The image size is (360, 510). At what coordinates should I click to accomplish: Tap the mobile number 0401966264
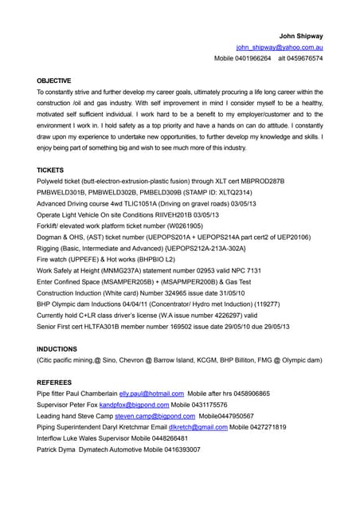(254, 58)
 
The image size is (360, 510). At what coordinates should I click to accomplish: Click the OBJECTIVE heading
(54, 80)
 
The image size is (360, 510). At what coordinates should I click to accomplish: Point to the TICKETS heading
(50, 170)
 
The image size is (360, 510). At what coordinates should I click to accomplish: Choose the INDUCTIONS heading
(57, 349)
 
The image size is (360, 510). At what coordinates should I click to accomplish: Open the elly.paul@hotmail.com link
(151, 394)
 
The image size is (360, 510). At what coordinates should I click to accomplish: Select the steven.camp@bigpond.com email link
(155, 416)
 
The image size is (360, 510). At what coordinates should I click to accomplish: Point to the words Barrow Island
(178, 360)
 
